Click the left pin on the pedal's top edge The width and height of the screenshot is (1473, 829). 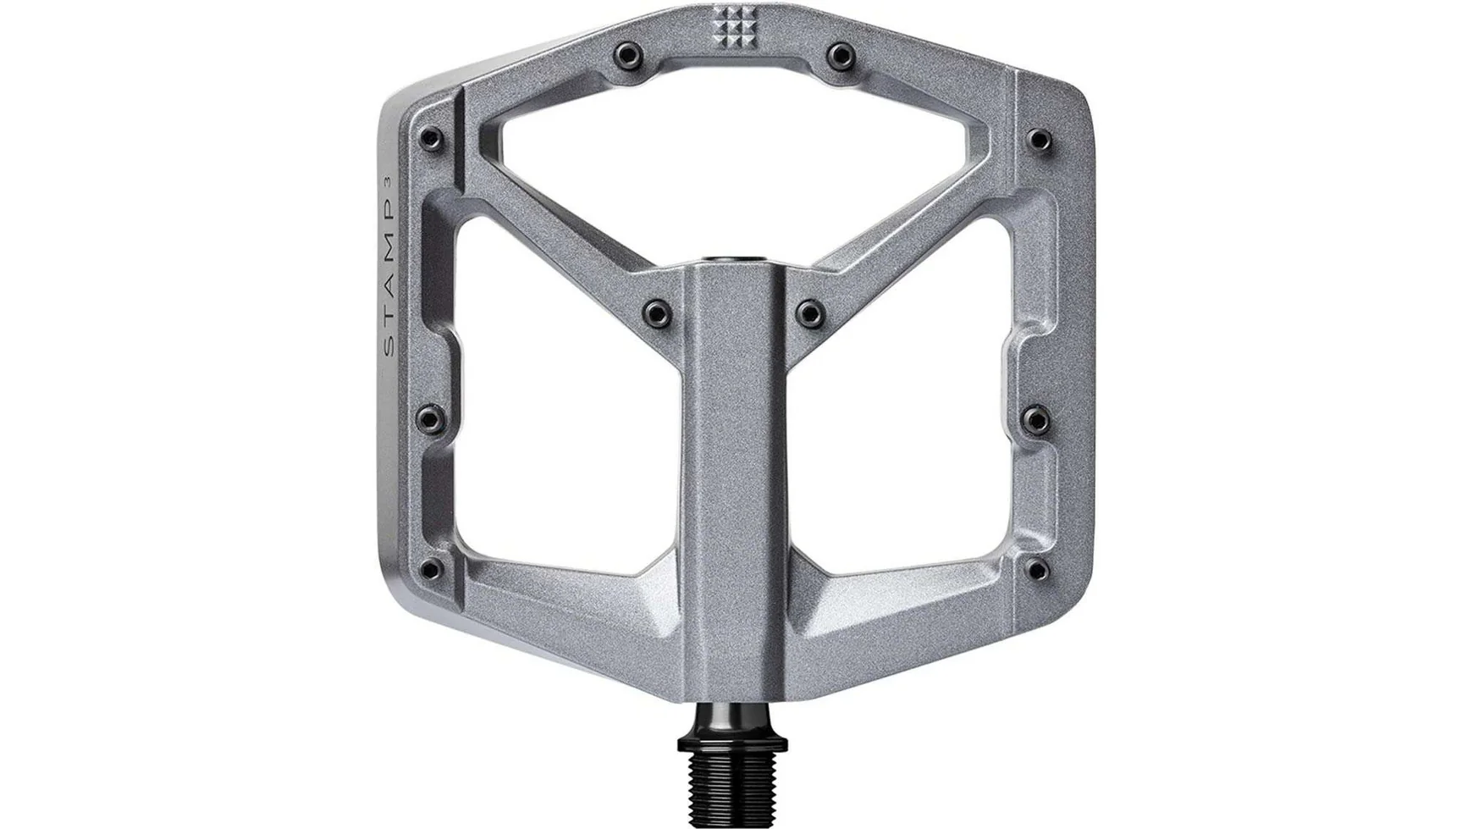(x=626, y=55)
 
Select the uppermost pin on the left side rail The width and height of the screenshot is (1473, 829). (x=430, y=136)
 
